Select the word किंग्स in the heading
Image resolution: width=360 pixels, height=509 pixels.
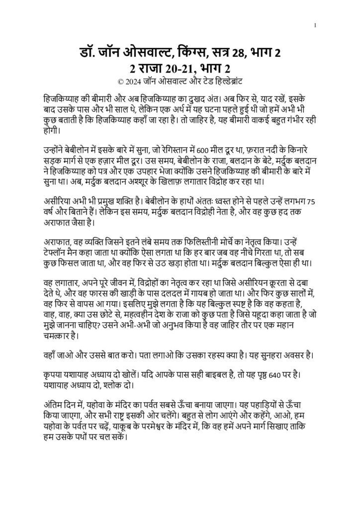184,52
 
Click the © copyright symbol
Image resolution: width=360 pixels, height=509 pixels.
118,81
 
